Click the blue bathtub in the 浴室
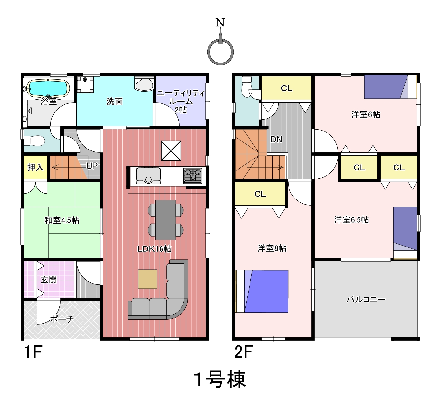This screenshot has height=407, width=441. pos(48,88)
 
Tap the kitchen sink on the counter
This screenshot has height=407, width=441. pos(148,176)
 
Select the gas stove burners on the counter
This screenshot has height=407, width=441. pos(193,176)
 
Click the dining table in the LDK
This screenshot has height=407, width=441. pos(165,220)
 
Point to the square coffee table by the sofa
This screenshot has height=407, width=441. pos(147,279)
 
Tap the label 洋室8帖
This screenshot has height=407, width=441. pos(272,248)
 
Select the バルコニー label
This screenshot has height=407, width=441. pos(366,300)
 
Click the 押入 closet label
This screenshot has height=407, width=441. pos(35,167)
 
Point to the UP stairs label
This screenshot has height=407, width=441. pos(92,166)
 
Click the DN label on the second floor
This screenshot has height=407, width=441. pos(276,139)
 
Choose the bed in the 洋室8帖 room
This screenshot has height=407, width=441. pos(262,291)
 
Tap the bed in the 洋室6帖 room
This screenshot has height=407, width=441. pos(390,87)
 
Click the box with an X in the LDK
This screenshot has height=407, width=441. pos(171,150)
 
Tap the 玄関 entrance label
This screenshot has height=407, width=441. pos(49,279)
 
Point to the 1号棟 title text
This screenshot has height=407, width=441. pos(220,379)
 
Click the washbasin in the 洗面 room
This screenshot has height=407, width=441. pos(144,84)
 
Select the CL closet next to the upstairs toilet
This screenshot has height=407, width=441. pos(287,88)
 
